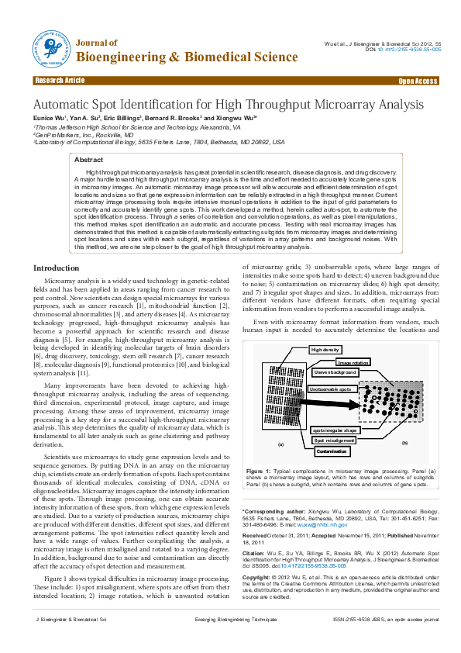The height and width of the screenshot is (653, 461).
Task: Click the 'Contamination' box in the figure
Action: pos(332,451)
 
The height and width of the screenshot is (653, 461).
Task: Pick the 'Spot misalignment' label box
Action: pos(335,440)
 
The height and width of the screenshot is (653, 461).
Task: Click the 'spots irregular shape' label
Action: pos(335,430)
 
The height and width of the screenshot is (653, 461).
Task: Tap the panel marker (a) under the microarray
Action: pos(280,444)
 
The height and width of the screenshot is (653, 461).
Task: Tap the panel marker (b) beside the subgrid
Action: pos(404,441)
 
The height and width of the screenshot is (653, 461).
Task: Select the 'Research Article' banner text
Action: pos(60,81)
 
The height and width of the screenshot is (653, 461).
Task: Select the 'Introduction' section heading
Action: pos(57,268)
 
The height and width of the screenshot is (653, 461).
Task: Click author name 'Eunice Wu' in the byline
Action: pos(48,116)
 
